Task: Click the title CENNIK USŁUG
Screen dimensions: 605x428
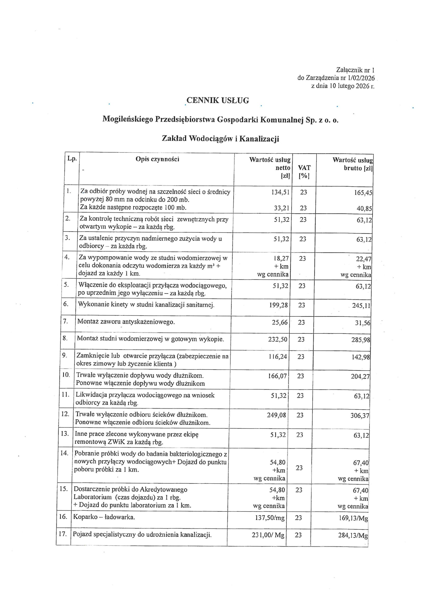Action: tap(218, 101)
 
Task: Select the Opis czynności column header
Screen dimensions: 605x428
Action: tap(157, 159)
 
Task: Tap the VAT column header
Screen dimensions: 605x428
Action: tap(304, 168)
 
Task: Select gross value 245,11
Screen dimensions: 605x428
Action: tap(361, 306)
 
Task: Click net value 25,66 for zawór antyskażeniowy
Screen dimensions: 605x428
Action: tap(280, 322)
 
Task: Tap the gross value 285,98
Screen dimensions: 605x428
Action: tap(361, 340)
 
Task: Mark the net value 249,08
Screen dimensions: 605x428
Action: tap(276, 415)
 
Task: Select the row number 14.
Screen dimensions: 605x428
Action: tap(64, 453)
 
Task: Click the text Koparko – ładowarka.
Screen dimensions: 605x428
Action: tap(104, 517)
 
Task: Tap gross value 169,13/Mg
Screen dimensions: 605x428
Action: tap(353, 519)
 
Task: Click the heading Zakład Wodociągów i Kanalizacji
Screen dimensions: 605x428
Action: tap(220, 138)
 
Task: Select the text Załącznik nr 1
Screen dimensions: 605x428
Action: tap(355, 70)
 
